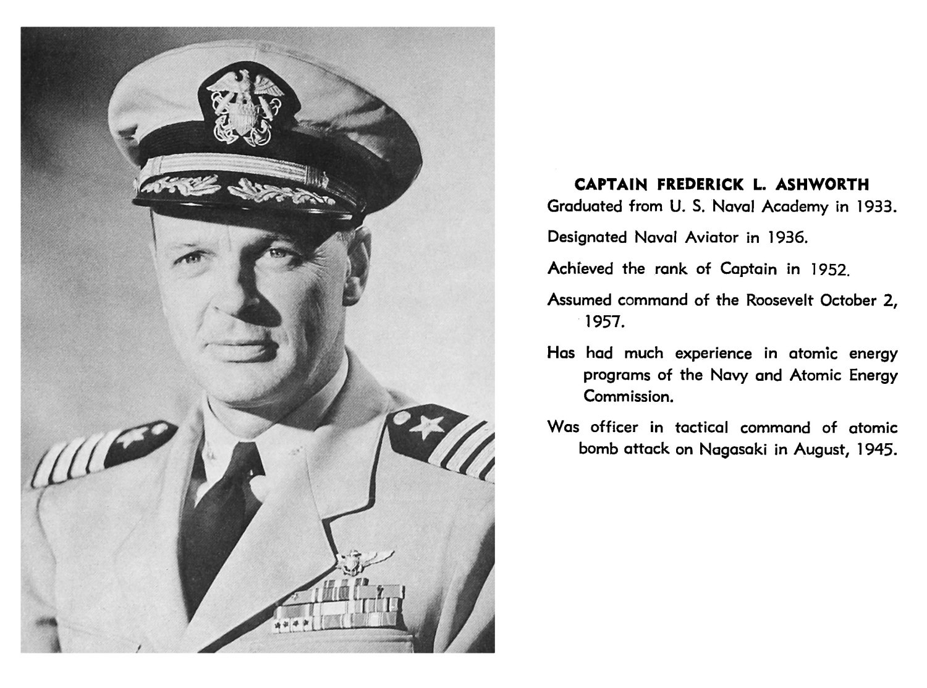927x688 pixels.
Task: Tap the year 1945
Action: [876, 449]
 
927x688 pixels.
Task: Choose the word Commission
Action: [628, 397]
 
